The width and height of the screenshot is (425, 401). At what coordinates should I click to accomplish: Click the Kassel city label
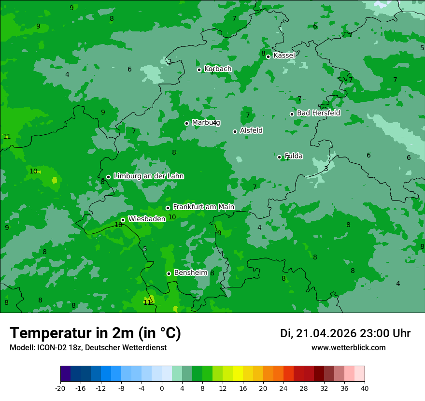tap(284, 56)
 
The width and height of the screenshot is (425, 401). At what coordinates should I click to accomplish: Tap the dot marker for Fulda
tap(279, 157)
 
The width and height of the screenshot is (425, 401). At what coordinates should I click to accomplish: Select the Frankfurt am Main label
tap(203, 207)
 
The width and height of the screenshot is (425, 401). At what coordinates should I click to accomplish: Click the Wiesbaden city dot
tap(123, 220)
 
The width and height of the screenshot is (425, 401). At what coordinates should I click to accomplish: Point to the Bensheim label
tap(190, 272)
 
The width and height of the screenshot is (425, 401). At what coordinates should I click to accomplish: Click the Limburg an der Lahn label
tap(148, 176)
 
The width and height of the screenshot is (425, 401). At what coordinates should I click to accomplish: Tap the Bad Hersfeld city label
tap(318, 113)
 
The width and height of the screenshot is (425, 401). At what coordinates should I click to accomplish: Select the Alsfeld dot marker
tap(235, 131)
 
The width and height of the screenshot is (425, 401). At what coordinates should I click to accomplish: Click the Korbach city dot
tap(199, 70)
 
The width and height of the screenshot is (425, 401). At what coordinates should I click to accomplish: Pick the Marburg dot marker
tap(186, 123)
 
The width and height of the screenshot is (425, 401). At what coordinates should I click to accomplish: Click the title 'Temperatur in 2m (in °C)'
tap(96, 333)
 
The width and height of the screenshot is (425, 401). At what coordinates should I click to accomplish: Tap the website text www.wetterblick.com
tap(348, 347)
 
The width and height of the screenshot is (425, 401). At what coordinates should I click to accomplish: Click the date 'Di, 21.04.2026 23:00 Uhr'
tap(345, 333)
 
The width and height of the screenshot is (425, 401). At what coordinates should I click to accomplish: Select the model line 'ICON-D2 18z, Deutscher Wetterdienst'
tap(88, 347)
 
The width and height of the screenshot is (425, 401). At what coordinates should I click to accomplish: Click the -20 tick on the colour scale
tap(60, 388)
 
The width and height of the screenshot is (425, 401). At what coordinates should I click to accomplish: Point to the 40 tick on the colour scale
tap(365, 388)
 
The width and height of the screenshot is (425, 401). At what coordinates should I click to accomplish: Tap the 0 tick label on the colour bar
tap(162, 388)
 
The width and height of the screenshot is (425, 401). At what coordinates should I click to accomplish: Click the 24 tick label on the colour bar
tap(283, 388)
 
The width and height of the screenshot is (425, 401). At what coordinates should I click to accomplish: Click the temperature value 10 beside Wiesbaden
tap(118, 225)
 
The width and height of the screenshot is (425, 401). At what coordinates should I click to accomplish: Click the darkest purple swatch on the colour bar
tap(65, 374)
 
